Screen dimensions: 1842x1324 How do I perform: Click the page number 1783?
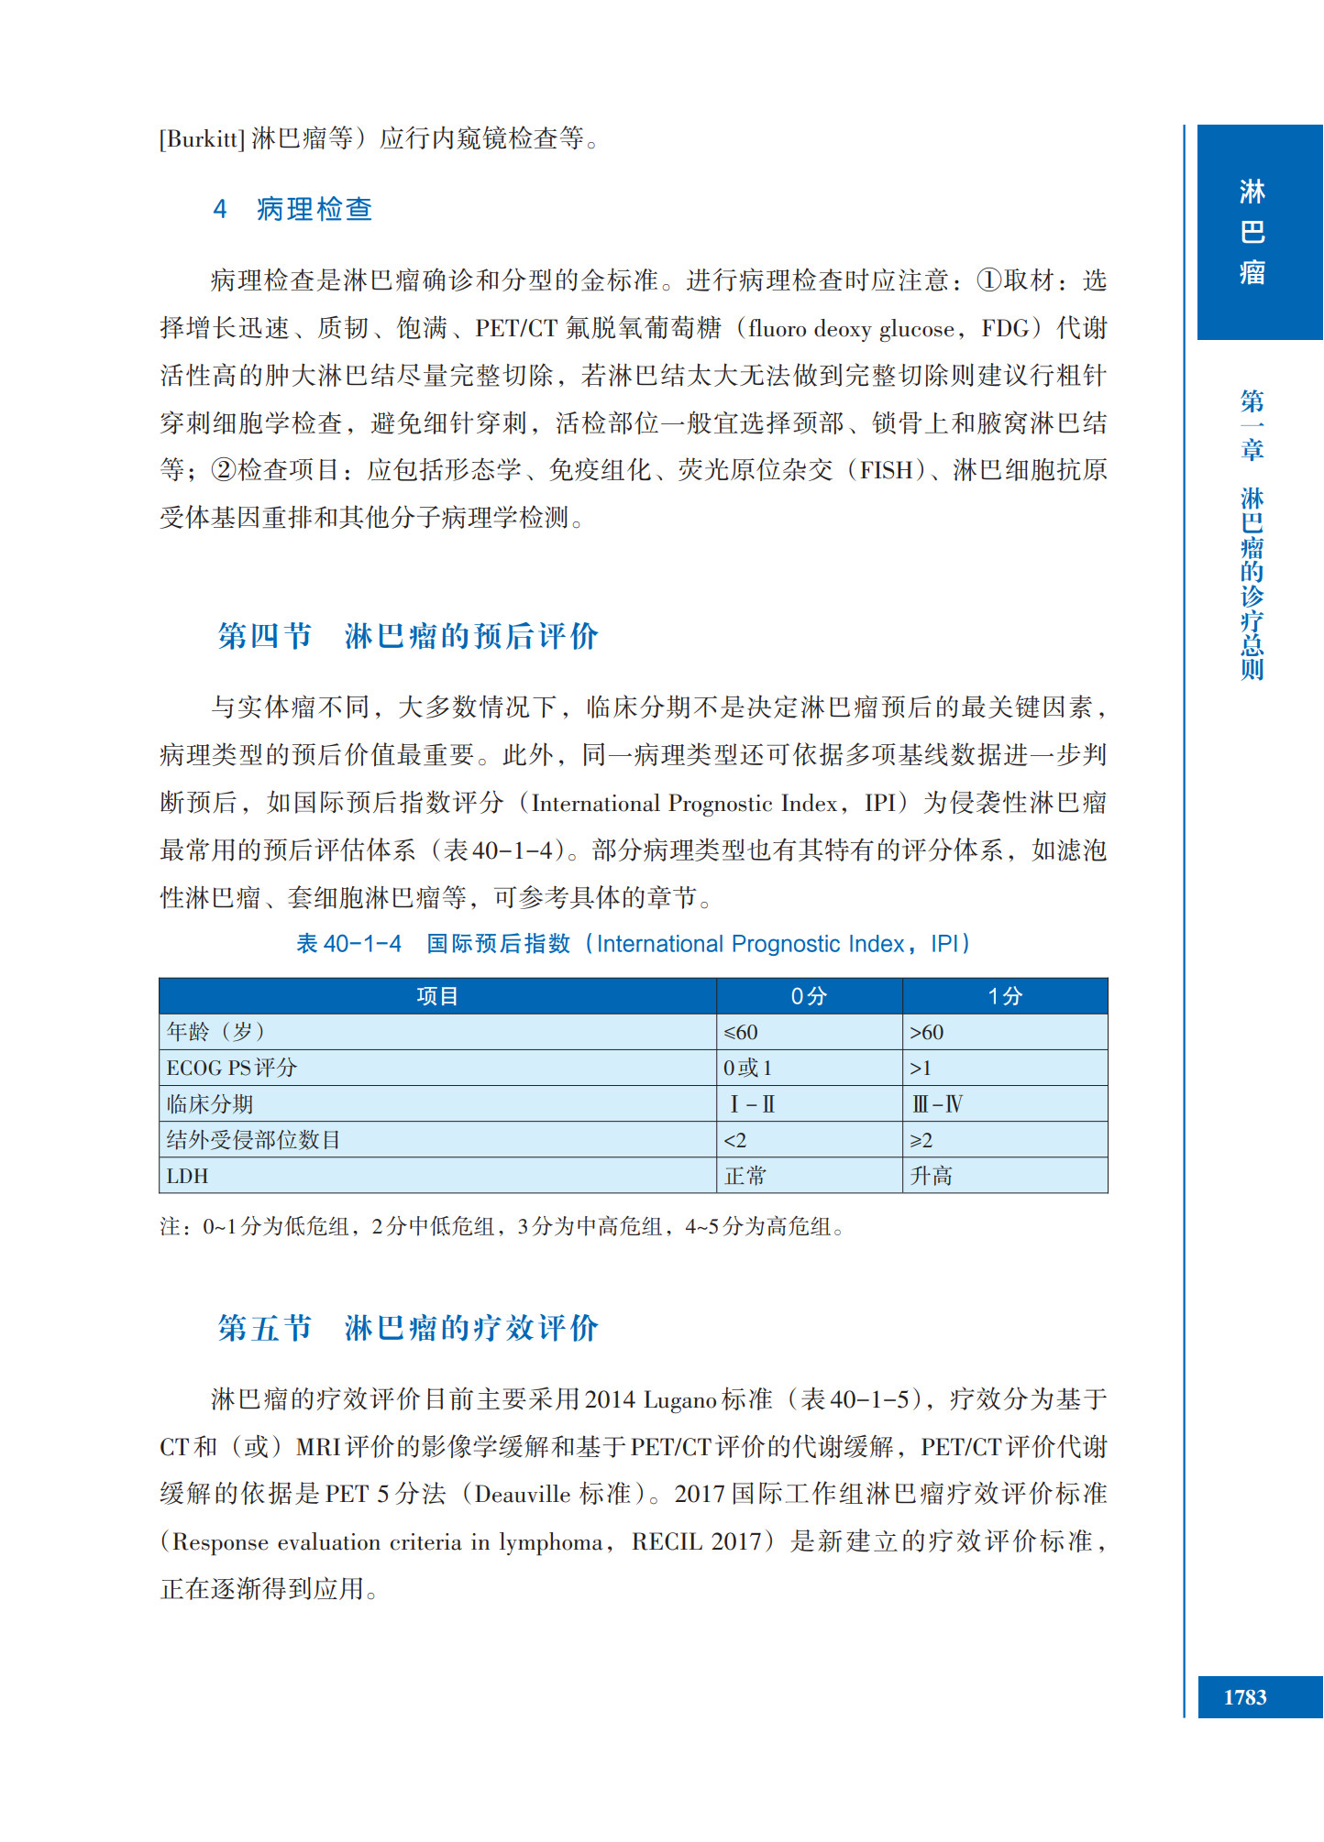click(x=1244, y=1697)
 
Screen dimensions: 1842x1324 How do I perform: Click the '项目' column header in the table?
click(x=436, y=996)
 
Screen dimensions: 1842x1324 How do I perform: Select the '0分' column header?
click(x=809, y=996)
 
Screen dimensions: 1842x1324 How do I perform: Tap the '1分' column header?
click(x=1004, y=996)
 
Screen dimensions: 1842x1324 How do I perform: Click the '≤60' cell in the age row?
click(x=741, y=1033)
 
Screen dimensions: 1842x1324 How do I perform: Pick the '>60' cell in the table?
click(x=926, y=1033)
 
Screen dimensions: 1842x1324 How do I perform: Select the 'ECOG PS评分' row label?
click(x=231, y=1069)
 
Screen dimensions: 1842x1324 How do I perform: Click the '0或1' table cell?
click(x=747, y=1069)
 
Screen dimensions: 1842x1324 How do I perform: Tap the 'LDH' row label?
click(x=187, y=1176)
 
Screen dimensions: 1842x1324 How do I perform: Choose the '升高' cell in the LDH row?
click(x=931, y=1176)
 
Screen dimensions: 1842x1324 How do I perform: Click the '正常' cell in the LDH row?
click(x=745, y=1176)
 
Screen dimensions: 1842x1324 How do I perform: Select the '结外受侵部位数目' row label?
click(x=253, y=1140)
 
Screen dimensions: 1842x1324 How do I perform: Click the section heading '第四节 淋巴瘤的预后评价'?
click(x=408, y=636)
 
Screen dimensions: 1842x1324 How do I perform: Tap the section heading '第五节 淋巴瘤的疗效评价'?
click(x=408, y=1328)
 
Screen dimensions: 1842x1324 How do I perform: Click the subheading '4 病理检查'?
click(x=292, y=210)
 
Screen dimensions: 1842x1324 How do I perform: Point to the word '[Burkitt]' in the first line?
click(x=202, y=138)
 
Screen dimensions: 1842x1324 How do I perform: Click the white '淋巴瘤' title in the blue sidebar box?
click(x=1252, y=232)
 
